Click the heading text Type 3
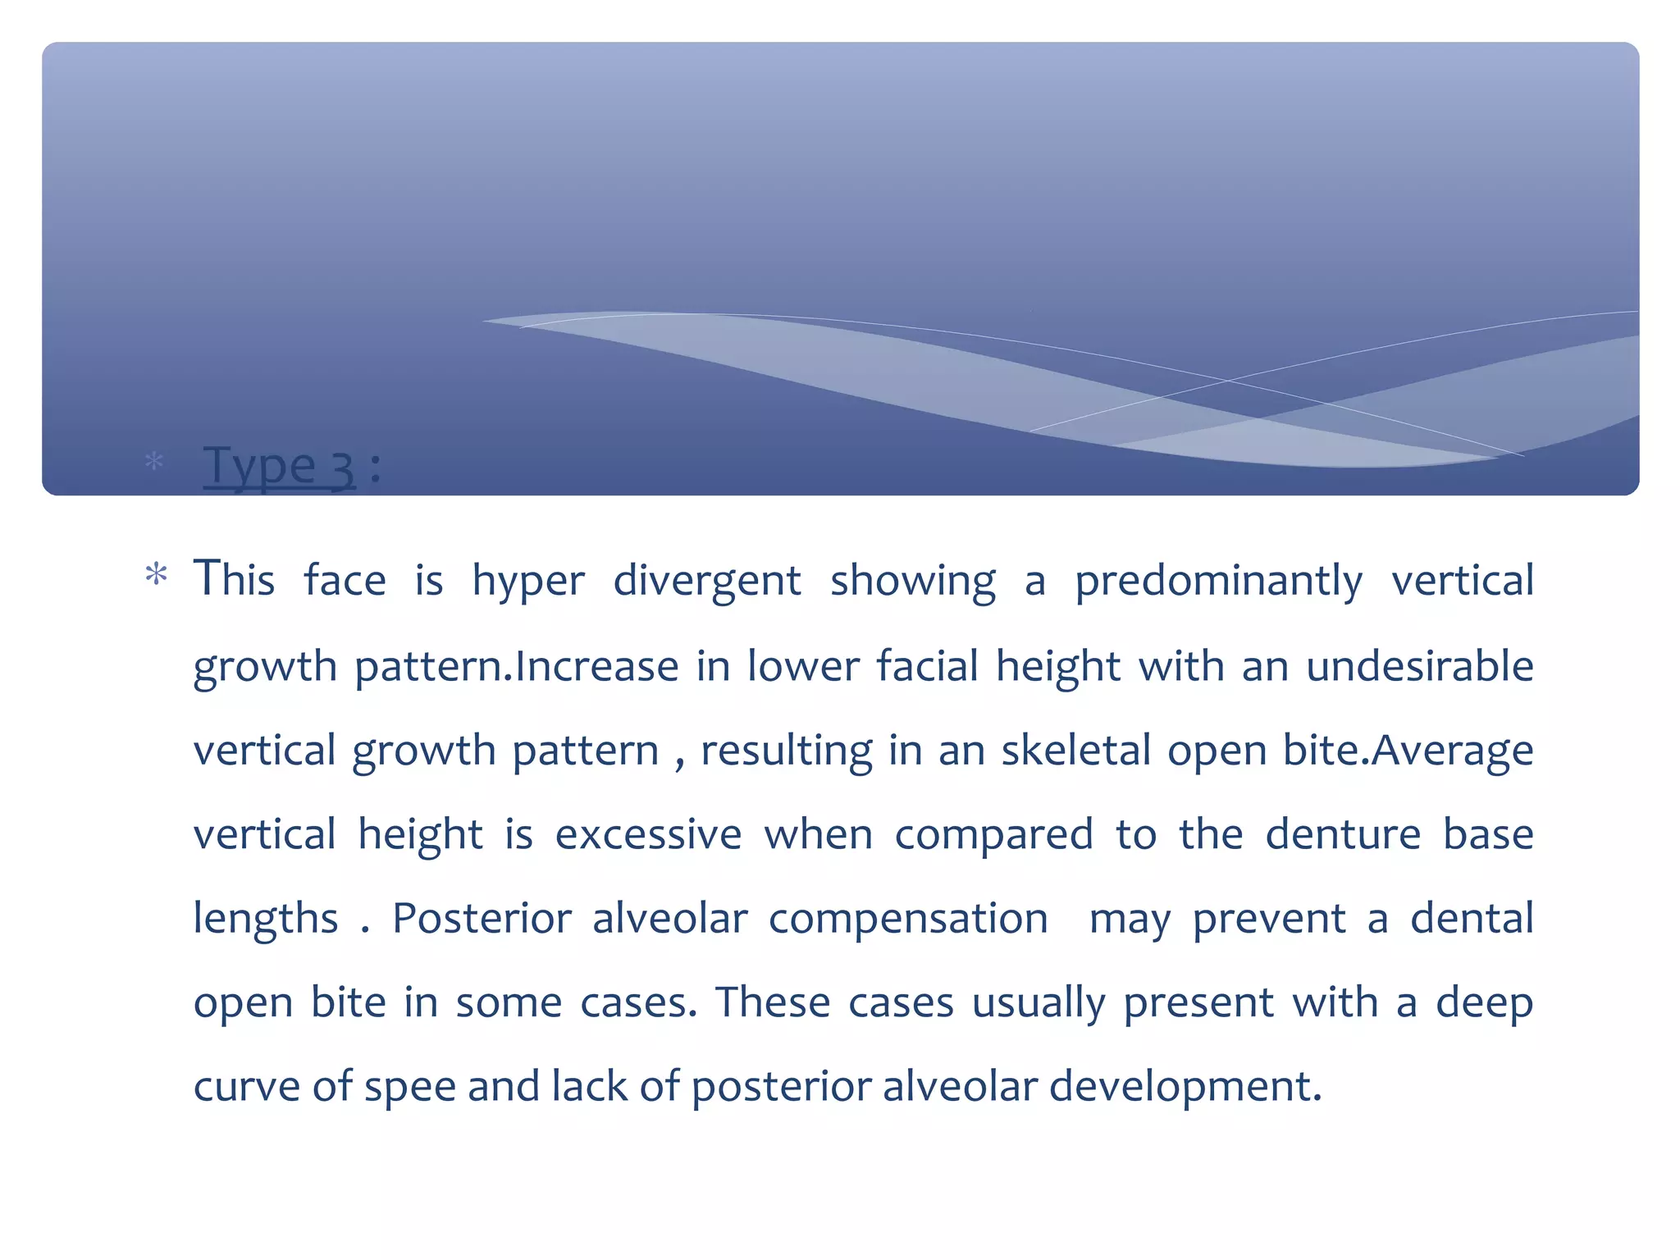(x=279, y=466)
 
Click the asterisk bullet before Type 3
(x=153, y=462)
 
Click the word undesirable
(x=1419, y=665)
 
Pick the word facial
(x=927, y=665)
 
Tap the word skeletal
(x=1076, y=750)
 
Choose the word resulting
(x=787, y=751)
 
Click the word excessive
(x=648, y=834)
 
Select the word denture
(x=1343, y=834)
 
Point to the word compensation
(x=908, y=920)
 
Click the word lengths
(x=265, y=919)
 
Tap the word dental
(x=1472, y=918)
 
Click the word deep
(x=1484, y=1003)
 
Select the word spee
(x=409, y=1088)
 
